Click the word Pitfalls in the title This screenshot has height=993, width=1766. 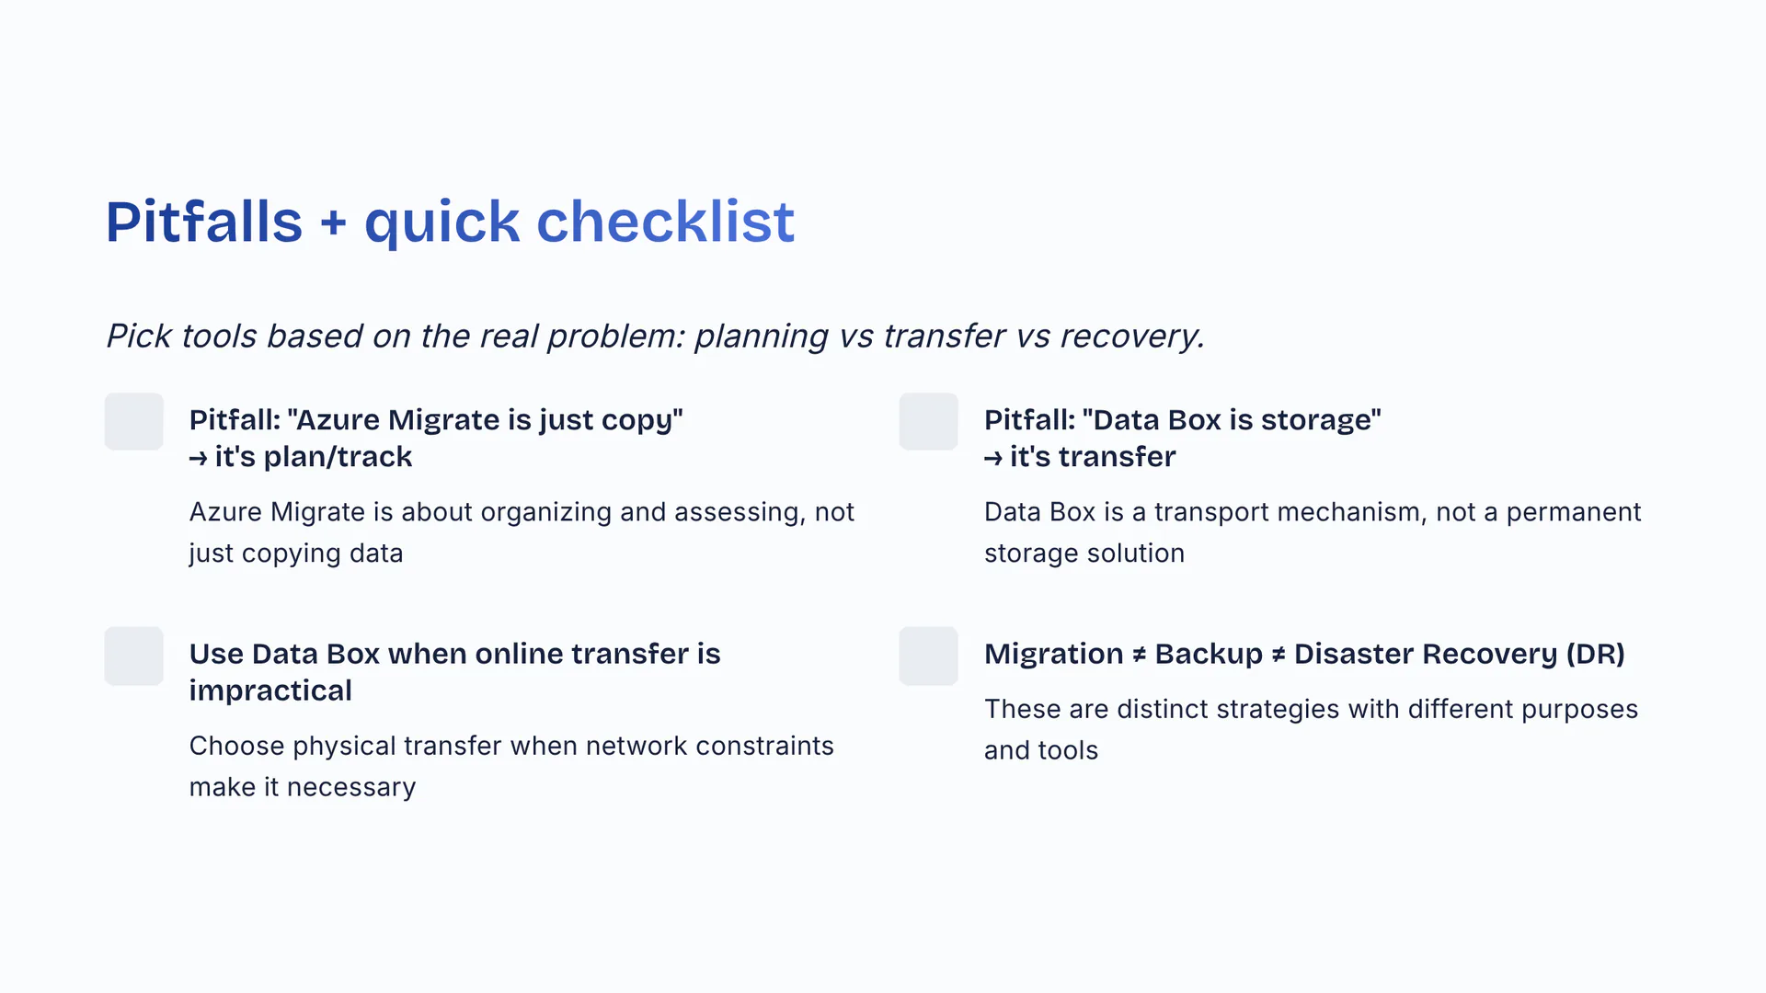pos(204,222)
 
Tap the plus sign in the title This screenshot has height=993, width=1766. pos(334,223)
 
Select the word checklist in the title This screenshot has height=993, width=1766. pos(666,222)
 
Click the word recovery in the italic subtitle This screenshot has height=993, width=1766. pos(1132,337)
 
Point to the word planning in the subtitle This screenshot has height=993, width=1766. pos(762,337)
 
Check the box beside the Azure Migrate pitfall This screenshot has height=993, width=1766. pos(134,422)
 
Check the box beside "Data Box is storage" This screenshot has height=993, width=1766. pos(929,422)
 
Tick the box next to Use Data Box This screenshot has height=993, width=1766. pos(134,656)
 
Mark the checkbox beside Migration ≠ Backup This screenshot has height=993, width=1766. pos(929,656)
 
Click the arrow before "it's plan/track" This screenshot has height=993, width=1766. pos(199,458)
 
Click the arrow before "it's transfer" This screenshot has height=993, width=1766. pos(993,458)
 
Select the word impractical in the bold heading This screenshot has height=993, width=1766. pos(270,691)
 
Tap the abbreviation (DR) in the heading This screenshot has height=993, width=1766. pos(1596,654)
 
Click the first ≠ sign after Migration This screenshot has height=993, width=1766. pos(1140,655)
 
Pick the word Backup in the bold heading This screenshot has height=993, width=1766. pos(1209,654)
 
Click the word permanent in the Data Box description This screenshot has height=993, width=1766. pos(1574,513)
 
